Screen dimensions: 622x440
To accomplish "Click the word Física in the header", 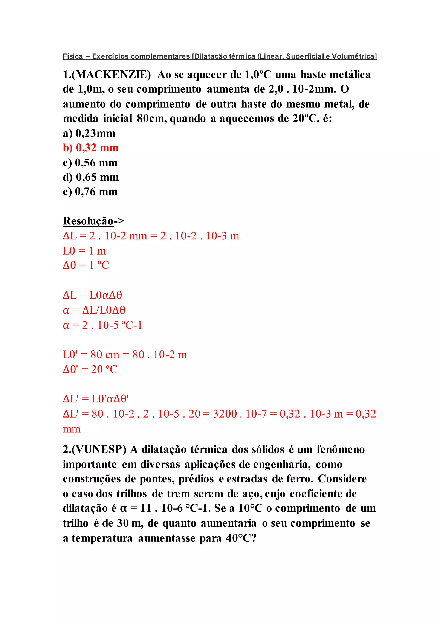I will click(73, 56).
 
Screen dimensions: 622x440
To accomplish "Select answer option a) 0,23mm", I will click(89, 133).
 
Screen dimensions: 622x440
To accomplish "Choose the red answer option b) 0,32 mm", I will click(90, 148).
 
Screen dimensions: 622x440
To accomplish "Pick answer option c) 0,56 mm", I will click(90, 163).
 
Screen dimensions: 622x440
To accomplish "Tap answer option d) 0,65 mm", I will click(90, 177).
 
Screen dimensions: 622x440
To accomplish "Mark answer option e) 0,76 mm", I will click(90, 192).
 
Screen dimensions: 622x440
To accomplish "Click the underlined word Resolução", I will click(88, 221).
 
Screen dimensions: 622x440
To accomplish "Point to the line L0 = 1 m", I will click(84, 251).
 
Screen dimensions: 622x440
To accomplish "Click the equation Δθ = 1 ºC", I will click(86, 265).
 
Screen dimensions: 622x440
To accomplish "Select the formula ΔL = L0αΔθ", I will click(92, 295).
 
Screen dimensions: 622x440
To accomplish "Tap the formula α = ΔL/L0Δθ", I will click(94, 310).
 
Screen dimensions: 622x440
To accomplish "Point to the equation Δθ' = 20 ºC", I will click(90, 369).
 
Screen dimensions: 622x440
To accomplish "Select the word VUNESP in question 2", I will click(99, 450).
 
